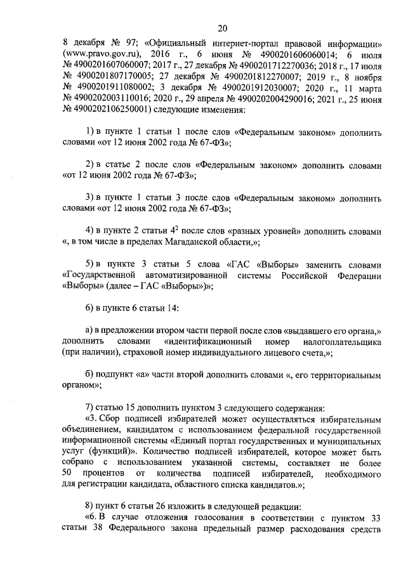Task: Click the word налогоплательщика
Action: click(x=334, y=342)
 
